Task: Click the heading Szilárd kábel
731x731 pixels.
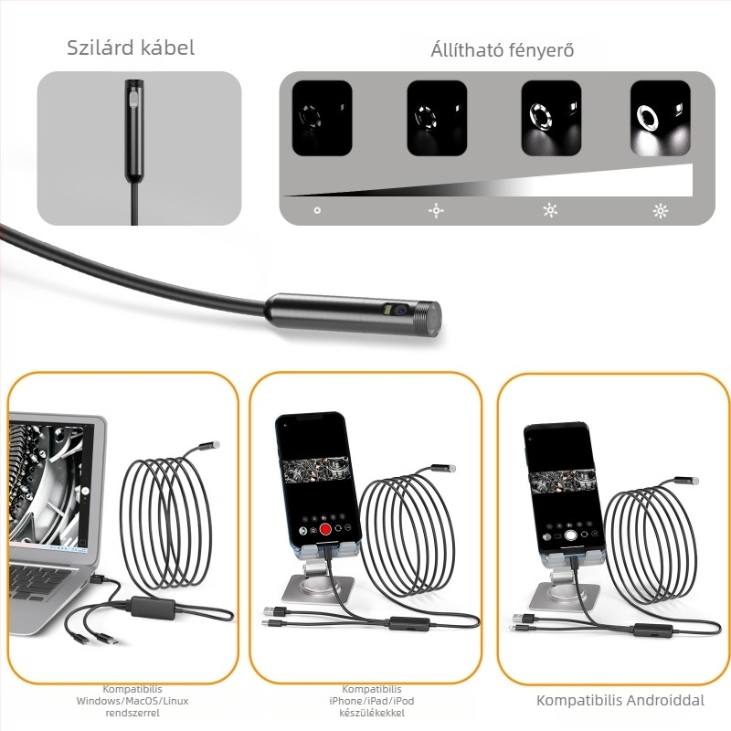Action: point(131,48)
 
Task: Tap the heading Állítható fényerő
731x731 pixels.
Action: point(502,50)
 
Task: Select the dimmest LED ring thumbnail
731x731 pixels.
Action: point(322,118)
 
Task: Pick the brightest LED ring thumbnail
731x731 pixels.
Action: point(660,118)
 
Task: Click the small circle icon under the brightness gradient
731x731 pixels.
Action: point(317,211)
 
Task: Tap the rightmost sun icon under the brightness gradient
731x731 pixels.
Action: point(660,211)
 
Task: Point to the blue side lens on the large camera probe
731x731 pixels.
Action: point(398,310)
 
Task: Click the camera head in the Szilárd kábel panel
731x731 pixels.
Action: point(133,132)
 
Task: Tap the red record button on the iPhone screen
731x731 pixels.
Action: point(325,529)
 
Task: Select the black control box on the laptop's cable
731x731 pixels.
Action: point(153,608)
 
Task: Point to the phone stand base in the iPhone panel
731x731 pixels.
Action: point(317,588)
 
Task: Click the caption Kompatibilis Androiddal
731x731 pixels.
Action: point(620,700)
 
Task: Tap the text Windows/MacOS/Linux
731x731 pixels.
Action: point(132,701)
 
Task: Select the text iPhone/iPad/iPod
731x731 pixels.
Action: point(372,701)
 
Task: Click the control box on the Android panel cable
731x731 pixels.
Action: point(652,630)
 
